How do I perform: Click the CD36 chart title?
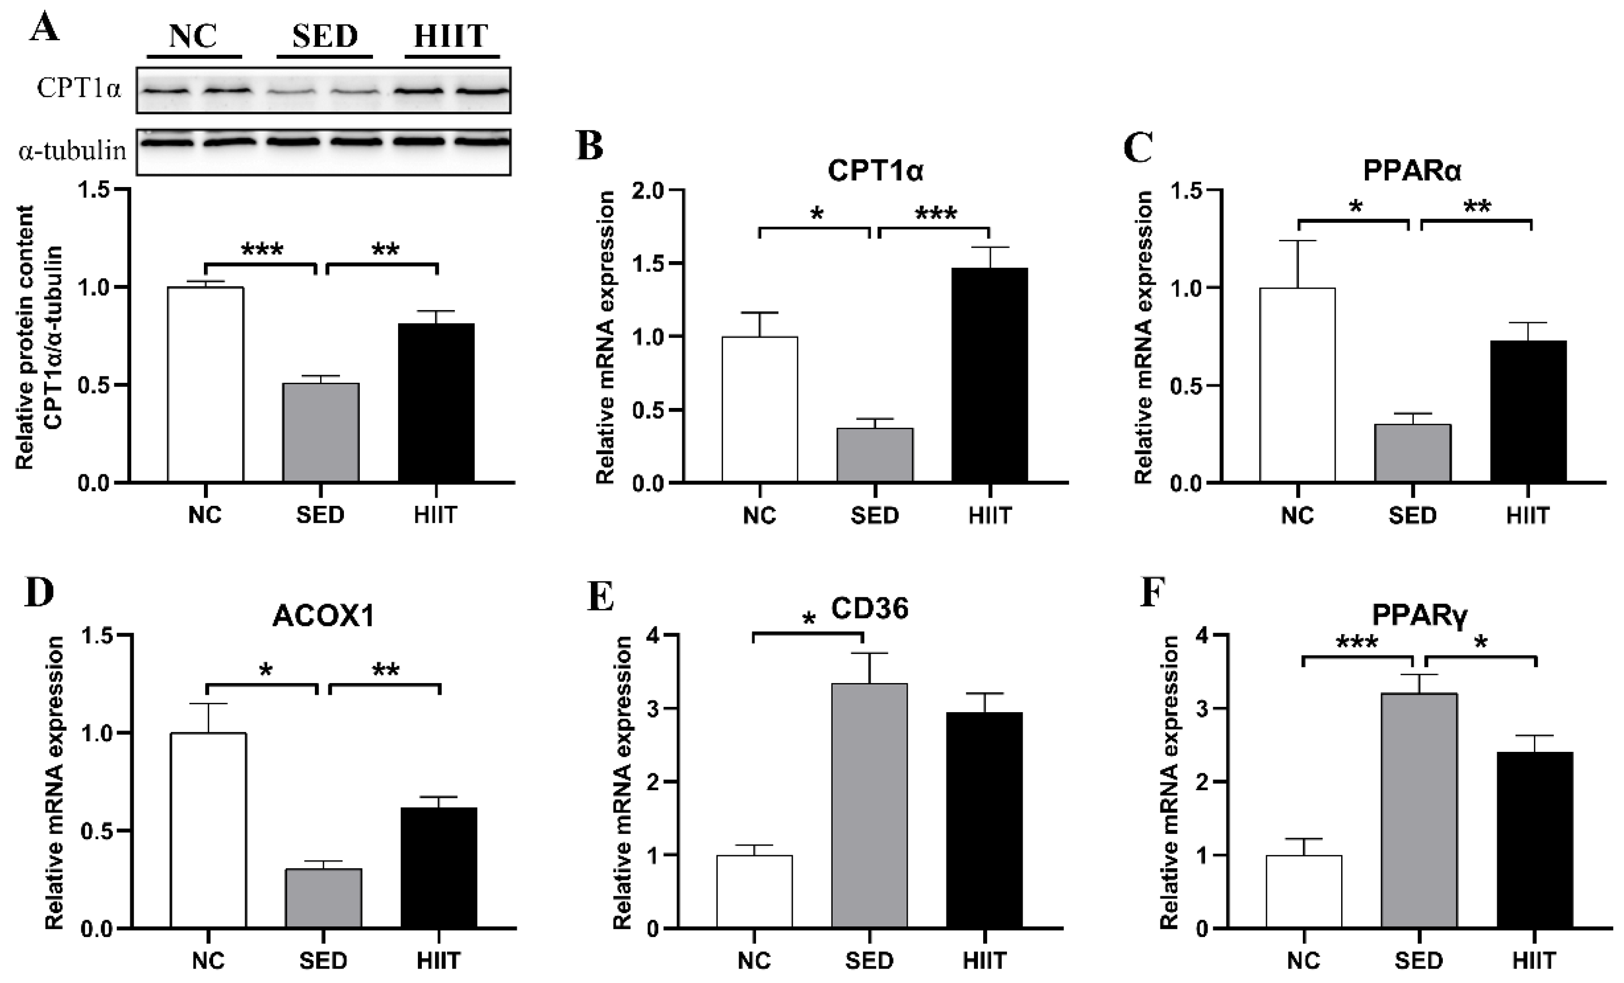coord(869,608)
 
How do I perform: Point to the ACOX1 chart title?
coord(323,616)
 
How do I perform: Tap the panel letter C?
coord(1138,147)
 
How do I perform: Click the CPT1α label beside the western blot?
coord(79,88)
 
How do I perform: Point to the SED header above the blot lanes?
coord(325,36)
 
